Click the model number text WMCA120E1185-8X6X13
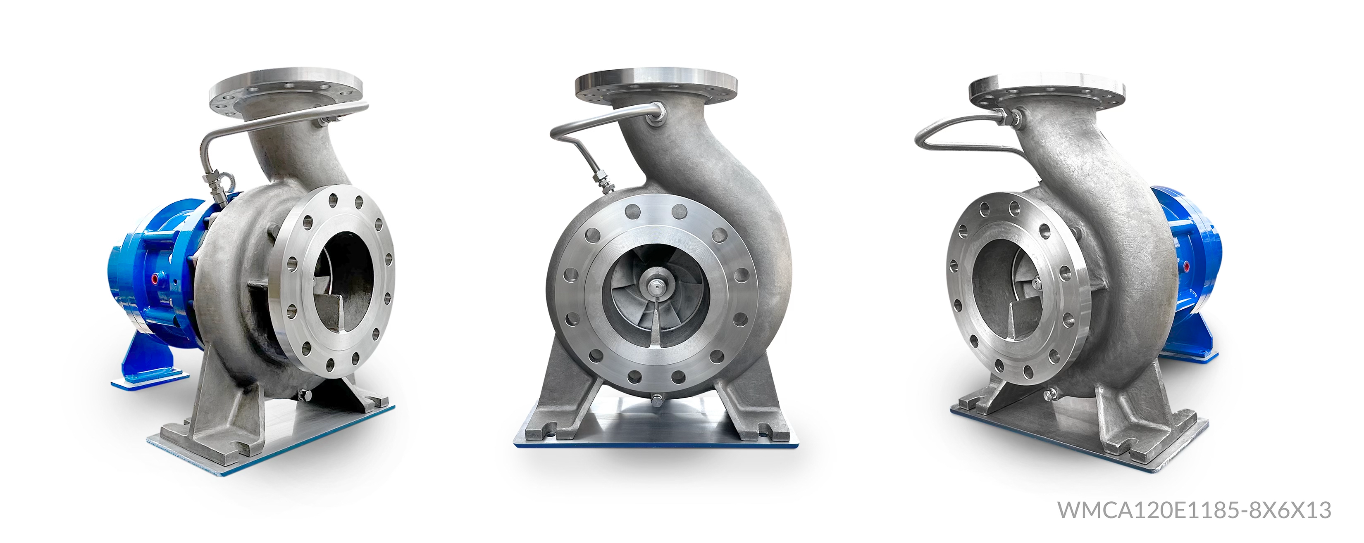coord(1194,510)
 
